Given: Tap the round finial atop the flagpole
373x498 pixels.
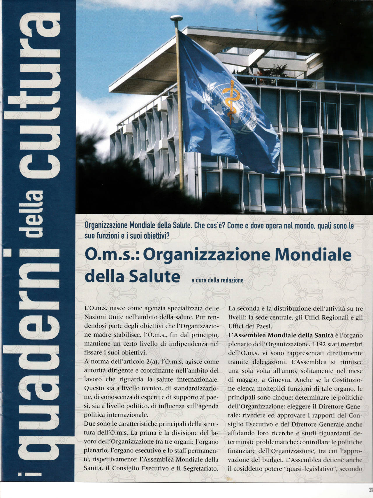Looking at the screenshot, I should (175, 18).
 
